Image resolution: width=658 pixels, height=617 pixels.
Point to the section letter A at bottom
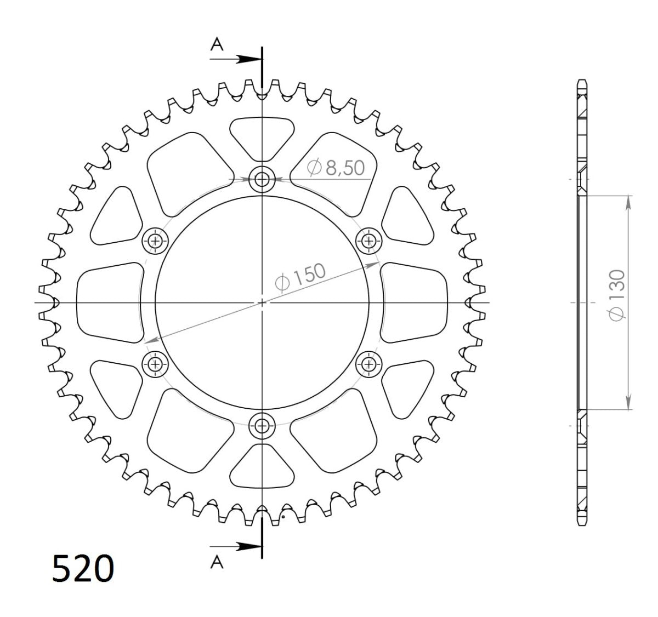(218, 562)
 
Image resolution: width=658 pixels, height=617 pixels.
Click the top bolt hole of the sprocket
(262, 179)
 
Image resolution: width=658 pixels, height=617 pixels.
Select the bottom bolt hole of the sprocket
(262, 425)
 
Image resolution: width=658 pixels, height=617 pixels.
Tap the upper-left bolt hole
(156, 240)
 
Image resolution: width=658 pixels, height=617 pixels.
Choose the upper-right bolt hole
(369, 240)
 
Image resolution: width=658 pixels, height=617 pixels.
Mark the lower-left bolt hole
(156, 363)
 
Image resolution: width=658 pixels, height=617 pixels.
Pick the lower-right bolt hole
(369, 363)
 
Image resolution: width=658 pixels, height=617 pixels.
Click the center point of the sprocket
(262, 302)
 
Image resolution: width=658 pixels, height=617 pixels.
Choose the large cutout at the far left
(109, 302)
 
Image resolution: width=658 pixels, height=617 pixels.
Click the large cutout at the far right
(415, 302)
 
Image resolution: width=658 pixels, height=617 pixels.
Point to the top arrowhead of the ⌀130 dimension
(628, 201)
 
